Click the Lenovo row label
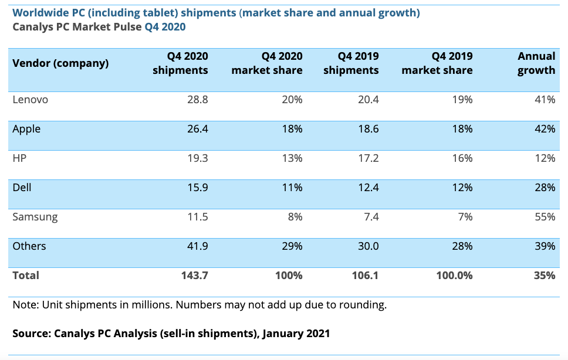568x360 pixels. [x=31, y=100]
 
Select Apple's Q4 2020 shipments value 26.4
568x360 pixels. [x=197, y=129]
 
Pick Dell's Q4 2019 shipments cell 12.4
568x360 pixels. [x=367, y=188]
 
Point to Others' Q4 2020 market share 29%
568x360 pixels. [x=291, y=246]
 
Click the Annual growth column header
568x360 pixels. [x=536, y=63]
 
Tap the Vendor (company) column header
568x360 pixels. [x=60, y=63]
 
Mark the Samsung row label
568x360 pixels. [x=35, y=217]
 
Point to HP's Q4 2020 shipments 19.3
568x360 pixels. [x=197, y=158]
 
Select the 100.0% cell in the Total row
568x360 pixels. [x=454, y=275]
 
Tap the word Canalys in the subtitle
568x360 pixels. [x=32, y=27]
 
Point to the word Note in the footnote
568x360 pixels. [x=24, y=305]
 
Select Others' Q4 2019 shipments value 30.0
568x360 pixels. [x=367, y=246]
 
